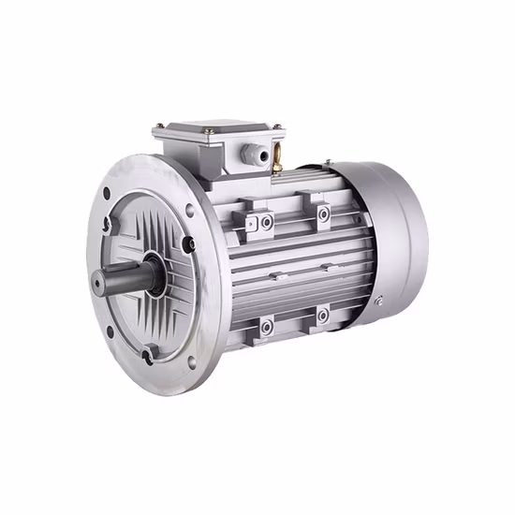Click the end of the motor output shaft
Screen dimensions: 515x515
pos(100,279)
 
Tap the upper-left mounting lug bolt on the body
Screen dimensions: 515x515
pos(267,222)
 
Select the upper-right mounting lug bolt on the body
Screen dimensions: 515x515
pos(323,214)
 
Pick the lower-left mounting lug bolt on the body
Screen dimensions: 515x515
pos(267,326)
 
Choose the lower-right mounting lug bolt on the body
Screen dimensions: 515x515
pos(322,316)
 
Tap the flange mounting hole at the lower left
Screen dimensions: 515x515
pos(110,331)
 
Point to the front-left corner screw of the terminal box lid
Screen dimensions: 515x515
pos(161,128)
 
